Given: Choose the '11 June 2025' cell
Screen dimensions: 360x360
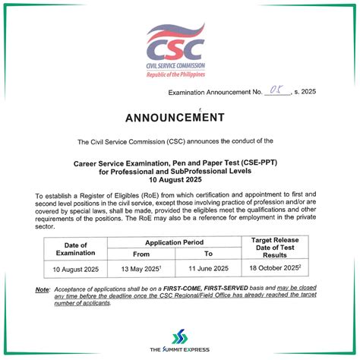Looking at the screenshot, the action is coord(208,268).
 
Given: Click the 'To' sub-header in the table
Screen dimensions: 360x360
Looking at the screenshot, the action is coord(208,254).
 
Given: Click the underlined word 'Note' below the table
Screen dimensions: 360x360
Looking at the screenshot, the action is coord(43,289).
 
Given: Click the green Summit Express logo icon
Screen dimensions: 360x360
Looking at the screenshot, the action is coord(179,336).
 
